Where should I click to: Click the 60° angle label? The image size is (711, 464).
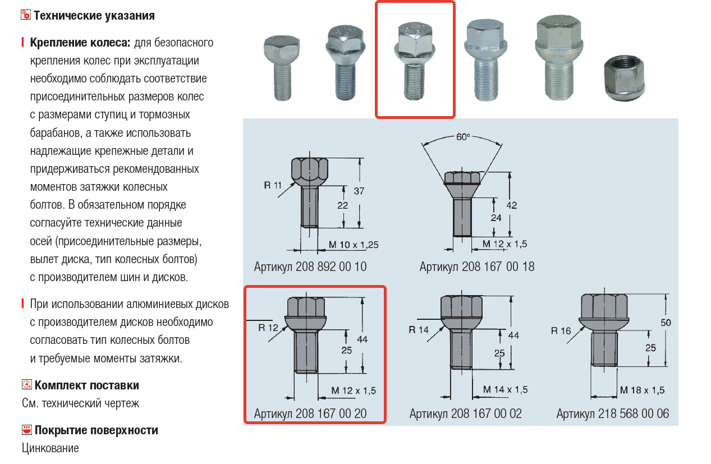(x=463, y=136)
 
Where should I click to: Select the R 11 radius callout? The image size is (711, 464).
(x=273, y=185)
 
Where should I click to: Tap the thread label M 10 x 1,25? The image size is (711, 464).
(x=352, y=244)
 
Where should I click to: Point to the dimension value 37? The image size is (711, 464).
(x=359, y=191)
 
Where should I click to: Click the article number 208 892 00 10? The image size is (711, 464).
(x=310, y=267)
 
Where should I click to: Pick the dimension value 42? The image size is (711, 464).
(x=511, y=205)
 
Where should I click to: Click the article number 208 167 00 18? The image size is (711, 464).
(x=477, y=267)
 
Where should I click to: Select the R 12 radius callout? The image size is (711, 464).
(x=268, y=327)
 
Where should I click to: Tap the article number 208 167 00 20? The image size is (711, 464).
(x=310, y=414)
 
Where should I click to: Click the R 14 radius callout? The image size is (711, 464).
(x=419, y=330)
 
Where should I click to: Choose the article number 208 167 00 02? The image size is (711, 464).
(x=465, y=414)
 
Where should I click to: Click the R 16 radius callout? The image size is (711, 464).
(x=561, y=330)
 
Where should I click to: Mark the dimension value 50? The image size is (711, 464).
(x=666, y=323)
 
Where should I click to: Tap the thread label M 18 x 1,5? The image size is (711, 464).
(x=642, y=390)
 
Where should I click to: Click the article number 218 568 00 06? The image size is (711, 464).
(x=613, y=414)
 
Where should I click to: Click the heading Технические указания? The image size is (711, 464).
(x=94, y=15)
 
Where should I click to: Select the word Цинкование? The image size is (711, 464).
(x=51, y=448)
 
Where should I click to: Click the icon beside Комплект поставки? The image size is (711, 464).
(x=26, y=385)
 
